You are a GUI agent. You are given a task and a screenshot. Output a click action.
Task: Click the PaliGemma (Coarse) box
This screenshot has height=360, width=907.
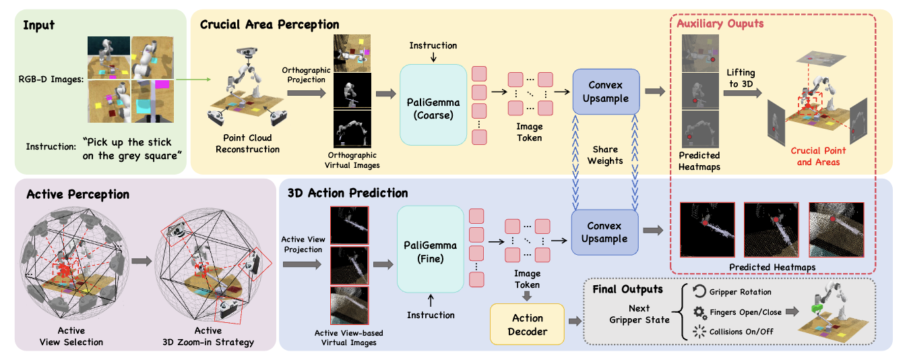tap(433, 104)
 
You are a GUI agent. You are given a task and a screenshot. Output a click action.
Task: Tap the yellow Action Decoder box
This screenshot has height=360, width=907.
tap(528, 324)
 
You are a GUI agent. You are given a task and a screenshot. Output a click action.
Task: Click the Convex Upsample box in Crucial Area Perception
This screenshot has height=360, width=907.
tap(604, 92)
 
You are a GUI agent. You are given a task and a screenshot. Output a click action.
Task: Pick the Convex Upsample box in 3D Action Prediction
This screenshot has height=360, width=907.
tap(604, 232)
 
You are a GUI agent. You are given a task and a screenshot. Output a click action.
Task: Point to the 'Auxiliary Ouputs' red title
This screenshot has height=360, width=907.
tap(721, 24)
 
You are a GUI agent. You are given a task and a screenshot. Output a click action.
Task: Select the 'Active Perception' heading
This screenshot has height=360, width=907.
tap(77, 195)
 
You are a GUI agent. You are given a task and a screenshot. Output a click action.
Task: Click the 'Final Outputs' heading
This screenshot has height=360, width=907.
tap(627, 289)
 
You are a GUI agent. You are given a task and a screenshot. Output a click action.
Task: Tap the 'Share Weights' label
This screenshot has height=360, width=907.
tap(605, 155)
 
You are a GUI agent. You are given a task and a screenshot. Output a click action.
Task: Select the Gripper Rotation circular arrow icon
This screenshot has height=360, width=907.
tap(699, 292)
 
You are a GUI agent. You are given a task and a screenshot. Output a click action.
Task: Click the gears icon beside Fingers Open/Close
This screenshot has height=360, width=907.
tap(699, 312)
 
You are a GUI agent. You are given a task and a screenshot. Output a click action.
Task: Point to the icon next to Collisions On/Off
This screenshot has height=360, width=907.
tap(699, 332)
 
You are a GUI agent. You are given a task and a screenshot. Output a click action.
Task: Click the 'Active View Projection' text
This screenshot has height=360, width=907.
tap(303, 245)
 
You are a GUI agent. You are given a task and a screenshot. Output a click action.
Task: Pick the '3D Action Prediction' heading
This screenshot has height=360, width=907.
tap(347, 193)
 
